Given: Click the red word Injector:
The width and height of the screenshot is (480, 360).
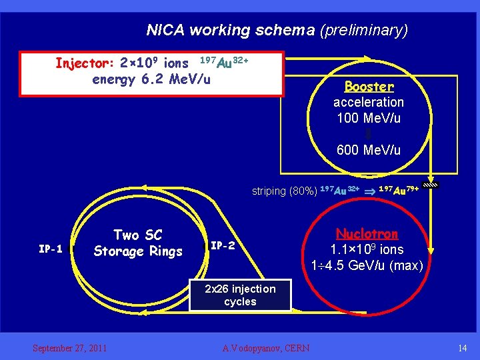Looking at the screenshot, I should [x=85, y=64].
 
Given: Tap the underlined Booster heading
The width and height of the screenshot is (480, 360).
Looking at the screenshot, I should [x=369, y=87].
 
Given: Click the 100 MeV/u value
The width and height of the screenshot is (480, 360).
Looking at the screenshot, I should [x=369, y=118].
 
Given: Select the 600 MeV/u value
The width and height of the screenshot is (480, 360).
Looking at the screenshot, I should [x=369, y=150].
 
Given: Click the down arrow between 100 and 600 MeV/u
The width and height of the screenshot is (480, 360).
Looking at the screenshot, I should [x=369, y=134].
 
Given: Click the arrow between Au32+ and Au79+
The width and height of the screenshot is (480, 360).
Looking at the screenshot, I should [x=369, y=191].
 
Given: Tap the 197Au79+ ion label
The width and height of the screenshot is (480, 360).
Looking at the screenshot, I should [x=399, y=190].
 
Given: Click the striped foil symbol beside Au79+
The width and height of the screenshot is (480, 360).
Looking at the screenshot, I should [x=431, y=186].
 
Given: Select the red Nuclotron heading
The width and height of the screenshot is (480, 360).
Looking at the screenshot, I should [x=367, y=234].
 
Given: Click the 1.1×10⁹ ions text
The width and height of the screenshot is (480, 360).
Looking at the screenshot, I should [x=367, y=250].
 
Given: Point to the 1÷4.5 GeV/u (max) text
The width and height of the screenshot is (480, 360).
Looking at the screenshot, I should [x=367, y=265].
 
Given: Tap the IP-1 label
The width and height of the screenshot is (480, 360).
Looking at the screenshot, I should [x=51, y=249].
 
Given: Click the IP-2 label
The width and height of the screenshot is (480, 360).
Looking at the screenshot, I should [x=222, y=245].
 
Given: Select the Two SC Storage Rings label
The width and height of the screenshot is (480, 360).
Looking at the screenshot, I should [x=138, y=243].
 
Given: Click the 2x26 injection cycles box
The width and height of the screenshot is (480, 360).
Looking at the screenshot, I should [x=240, y=295].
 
